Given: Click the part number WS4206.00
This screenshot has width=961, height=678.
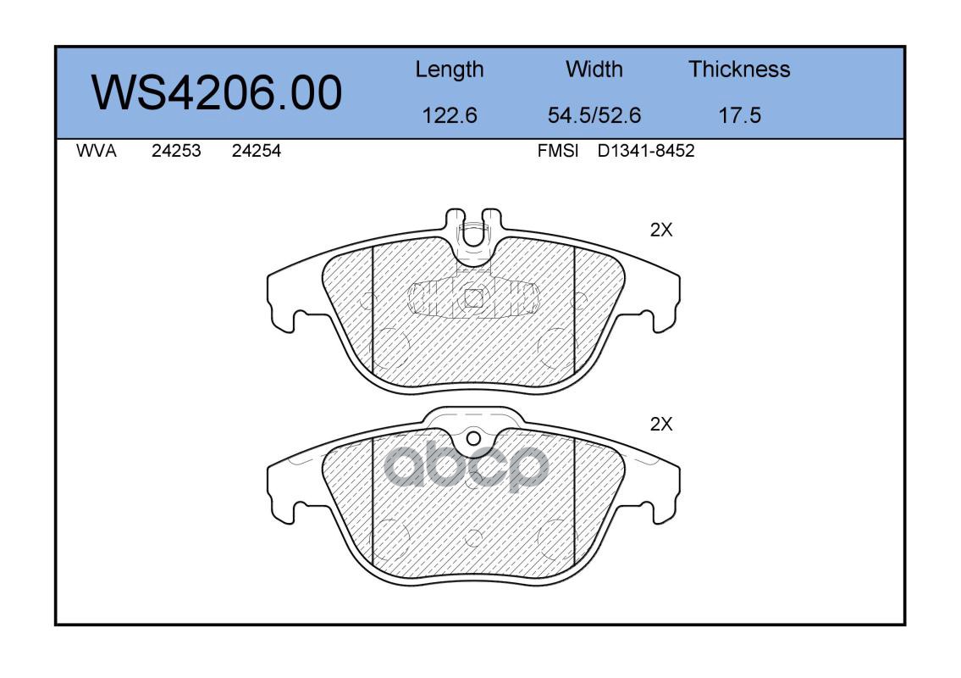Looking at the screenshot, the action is [x=217, y=92].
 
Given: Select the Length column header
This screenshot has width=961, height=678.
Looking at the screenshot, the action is [x=450, y=70].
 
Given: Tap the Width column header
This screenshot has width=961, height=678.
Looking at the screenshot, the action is [x=594, y=69].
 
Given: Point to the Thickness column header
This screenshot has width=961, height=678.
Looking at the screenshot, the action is [x=739, y=69].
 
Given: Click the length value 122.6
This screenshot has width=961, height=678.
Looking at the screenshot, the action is [x=450, y=115].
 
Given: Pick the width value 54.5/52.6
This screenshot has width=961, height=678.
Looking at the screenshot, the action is [x=594, y=115].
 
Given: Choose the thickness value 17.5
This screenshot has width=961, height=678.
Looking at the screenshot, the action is [x=739, y=115].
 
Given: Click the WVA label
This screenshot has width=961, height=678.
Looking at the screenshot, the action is [x=97, y=151].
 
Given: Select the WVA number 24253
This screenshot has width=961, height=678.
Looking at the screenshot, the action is [x=176, y=151].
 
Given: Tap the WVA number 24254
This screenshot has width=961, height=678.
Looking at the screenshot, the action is [x=257, y=151].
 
